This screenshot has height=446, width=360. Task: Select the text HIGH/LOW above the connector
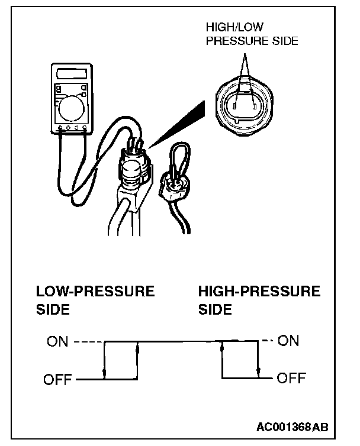[234, 28]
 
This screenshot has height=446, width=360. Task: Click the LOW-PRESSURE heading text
[95, 292]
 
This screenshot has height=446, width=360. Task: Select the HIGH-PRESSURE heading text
[259, 292]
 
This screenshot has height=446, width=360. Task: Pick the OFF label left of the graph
[58, 379]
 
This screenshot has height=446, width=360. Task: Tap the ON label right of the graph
[289, 341]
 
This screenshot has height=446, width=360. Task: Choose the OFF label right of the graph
[292, 379]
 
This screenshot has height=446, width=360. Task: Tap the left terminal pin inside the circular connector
[235, 107]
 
